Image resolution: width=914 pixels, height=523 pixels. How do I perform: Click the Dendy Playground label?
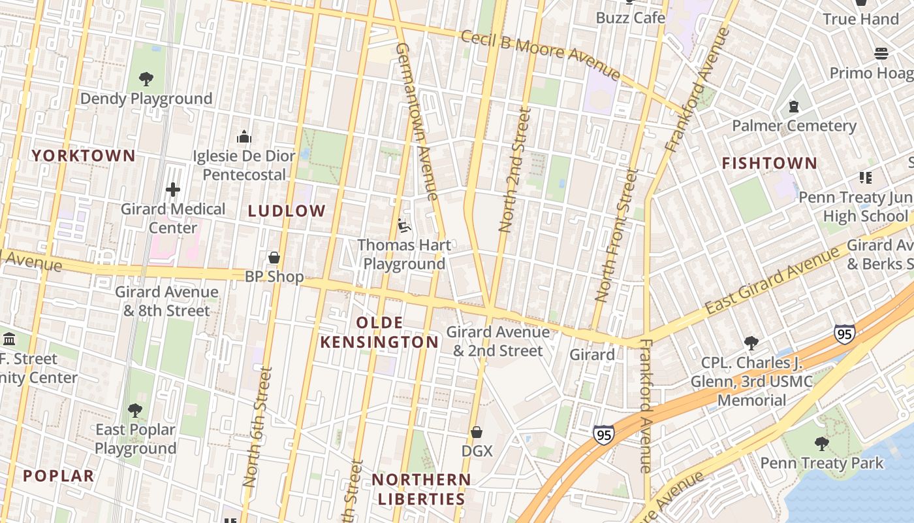tap(146, 99)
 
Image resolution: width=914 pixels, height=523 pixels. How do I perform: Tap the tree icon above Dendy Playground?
tap(146, 79)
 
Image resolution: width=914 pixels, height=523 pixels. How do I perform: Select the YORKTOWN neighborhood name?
tap(84, 156)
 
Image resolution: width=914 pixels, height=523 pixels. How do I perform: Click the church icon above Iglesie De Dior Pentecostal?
tap(244, 137)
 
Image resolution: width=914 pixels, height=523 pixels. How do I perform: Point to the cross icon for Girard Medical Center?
tap(172, 190)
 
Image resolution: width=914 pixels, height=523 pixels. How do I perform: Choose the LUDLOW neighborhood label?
tap(287, 211)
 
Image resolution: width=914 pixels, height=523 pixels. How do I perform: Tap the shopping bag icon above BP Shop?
tap(274, 257)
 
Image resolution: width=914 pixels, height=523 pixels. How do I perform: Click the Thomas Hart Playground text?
tap(404, 254)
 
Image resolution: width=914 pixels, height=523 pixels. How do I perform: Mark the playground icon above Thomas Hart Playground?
tap(404, 226)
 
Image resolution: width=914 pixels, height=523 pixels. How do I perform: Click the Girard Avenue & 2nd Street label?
tap(498, 341)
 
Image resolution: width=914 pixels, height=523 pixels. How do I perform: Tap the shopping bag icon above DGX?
tap(477, 432)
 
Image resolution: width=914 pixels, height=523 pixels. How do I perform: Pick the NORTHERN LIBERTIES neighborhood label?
tap(421, 489)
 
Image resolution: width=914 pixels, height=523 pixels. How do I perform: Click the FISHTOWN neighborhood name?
tap(769, 163)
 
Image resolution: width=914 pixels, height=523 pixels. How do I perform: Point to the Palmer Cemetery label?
tap(794, 126)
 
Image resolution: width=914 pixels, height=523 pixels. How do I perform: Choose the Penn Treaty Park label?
tap(821, 463)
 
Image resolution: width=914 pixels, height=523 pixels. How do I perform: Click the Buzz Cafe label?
tap(630, 18)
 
